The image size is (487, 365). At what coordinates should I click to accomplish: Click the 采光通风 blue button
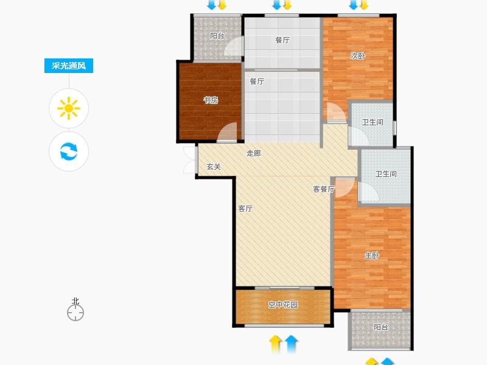pyautogui.click(x=69, y=66)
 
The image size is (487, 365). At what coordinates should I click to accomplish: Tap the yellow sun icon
pyautogui.click(x=69, y=108)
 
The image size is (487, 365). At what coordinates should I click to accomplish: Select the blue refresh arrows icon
pyautogui.click(x=69, y=151)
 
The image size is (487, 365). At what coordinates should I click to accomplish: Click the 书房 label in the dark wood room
pyautogui.click(x=211, y=100)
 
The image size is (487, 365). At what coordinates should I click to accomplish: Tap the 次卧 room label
pyautogui.click(x=358, y=56)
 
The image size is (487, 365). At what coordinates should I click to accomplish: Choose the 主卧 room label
pyautogui.click(x=372, y=255)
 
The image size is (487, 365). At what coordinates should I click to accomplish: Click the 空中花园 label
pyautogui.click(x=283, y=305)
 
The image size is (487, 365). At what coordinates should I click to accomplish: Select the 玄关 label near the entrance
pyautogui.click(x=214, y=167)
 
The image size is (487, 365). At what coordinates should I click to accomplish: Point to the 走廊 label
pyautogui.click(x=254, y=153)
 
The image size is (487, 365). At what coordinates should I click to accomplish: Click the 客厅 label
pyautogui.click(x=245, y=209)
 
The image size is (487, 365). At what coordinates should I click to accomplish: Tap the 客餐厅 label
pyautogui.click(x=324, y=189)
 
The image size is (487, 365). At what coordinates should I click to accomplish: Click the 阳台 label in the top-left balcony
pyautogui.click(x=217, y=36)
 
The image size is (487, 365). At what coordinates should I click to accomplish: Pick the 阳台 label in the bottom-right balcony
pyautogui.click(x=381, y=327)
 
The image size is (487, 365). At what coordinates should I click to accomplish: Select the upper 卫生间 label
pyautogui.click(x=373, y=122)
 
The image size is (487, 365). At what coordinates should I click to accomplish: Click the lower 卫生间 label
pyautogui.click(x=386, y=174)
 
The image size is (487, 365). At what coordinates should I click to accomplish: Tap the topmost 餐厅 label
pyautogui.click(x=282, y=40)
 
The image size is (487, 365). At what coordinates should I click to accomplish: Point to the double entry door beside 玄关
pyautogui.click(x=190, y=160)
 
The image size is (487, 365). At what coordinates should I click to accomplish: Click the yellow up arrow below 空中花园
pyautogui.click(x=276, y=344)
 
